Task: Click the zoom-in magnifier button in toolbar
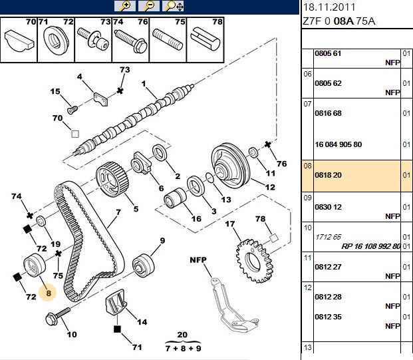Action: tap(125, 6)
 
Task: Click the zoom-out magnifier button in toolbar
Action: tap(149, 6)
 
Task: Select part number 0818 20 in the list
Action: tap(328, 175)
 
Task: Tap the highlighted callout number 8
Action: tap(48, 293)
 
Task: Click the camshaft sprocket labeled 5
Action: tap(112, 180)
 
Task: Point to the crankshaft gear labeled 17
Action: tap(253, 261)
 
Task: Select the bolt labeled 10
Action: tap(57, 316)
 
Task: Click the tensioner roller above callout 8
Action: tap(35, 265)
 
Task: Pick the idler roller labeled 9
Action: tap(143, 265)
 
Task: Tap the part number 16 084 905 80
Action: tap(339, 144)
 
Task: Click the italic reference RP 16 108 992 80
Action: tap(371, 246)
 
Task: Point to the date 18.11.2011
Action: tap(329, 7)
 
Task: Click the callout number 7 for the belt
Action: tap(118, 212)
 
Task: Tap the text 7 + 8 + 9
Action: tap(184, 349)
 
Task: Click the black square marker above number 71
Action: tap(117, 329)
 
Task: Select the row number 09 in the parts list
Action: tap(307, 198)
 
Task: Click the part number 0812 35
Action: tap(328, 317)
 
